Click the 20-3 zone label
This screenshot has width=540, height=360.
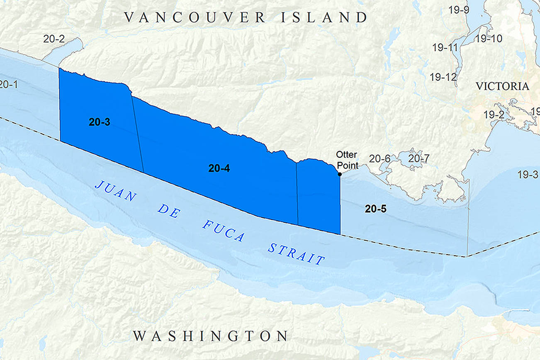(x=99, y=122)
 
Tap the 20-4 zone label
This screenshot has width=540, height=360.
(x=219, y=168)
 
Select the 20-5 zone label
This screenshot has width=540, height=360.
(x=375, y=209)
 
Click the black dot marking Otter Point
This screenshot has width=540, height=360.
(x=340, y=174)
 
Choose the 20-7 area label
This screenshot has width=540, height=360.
(x=419, y=158)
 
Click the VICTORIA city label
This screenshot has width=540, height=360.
(x=502, y=87)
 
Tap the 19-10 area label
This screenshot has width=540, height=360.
(x=489, y=39)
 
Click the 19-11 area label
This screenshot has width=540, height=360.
(x=445, y=48)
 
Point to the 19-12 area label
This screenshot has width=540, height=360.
(x=443, y=77)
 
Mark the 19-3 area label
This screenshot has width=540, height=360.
(x=528, y=175)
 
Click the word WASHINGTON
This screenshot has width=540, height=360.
(x=210, y=336)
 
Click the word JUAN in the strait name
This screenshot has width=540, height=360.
(x=116, y=191)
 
